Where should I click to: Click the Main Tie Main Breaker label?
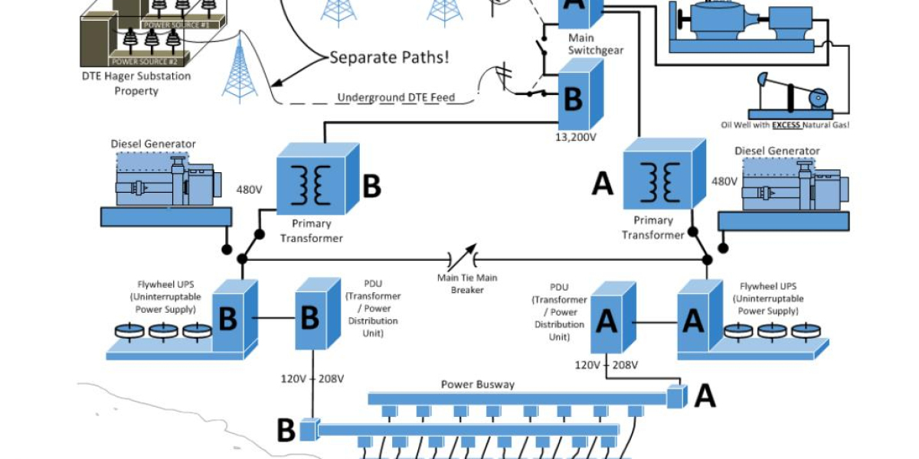point(466,283)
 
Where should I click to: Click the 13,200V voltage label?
point(576,138)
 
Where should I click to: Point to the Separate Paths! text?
point(389,57)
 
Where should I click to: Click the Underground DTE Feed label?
point(395,97)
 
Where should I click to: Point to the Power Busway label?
point(477,384)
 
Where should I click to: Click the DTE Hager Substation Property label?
point(136,83)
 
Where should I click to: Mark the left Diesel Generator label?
point(153,144)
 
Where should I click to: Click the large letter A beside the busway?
point(704,396)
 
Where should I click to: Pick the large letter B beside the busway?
point(286,431)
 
